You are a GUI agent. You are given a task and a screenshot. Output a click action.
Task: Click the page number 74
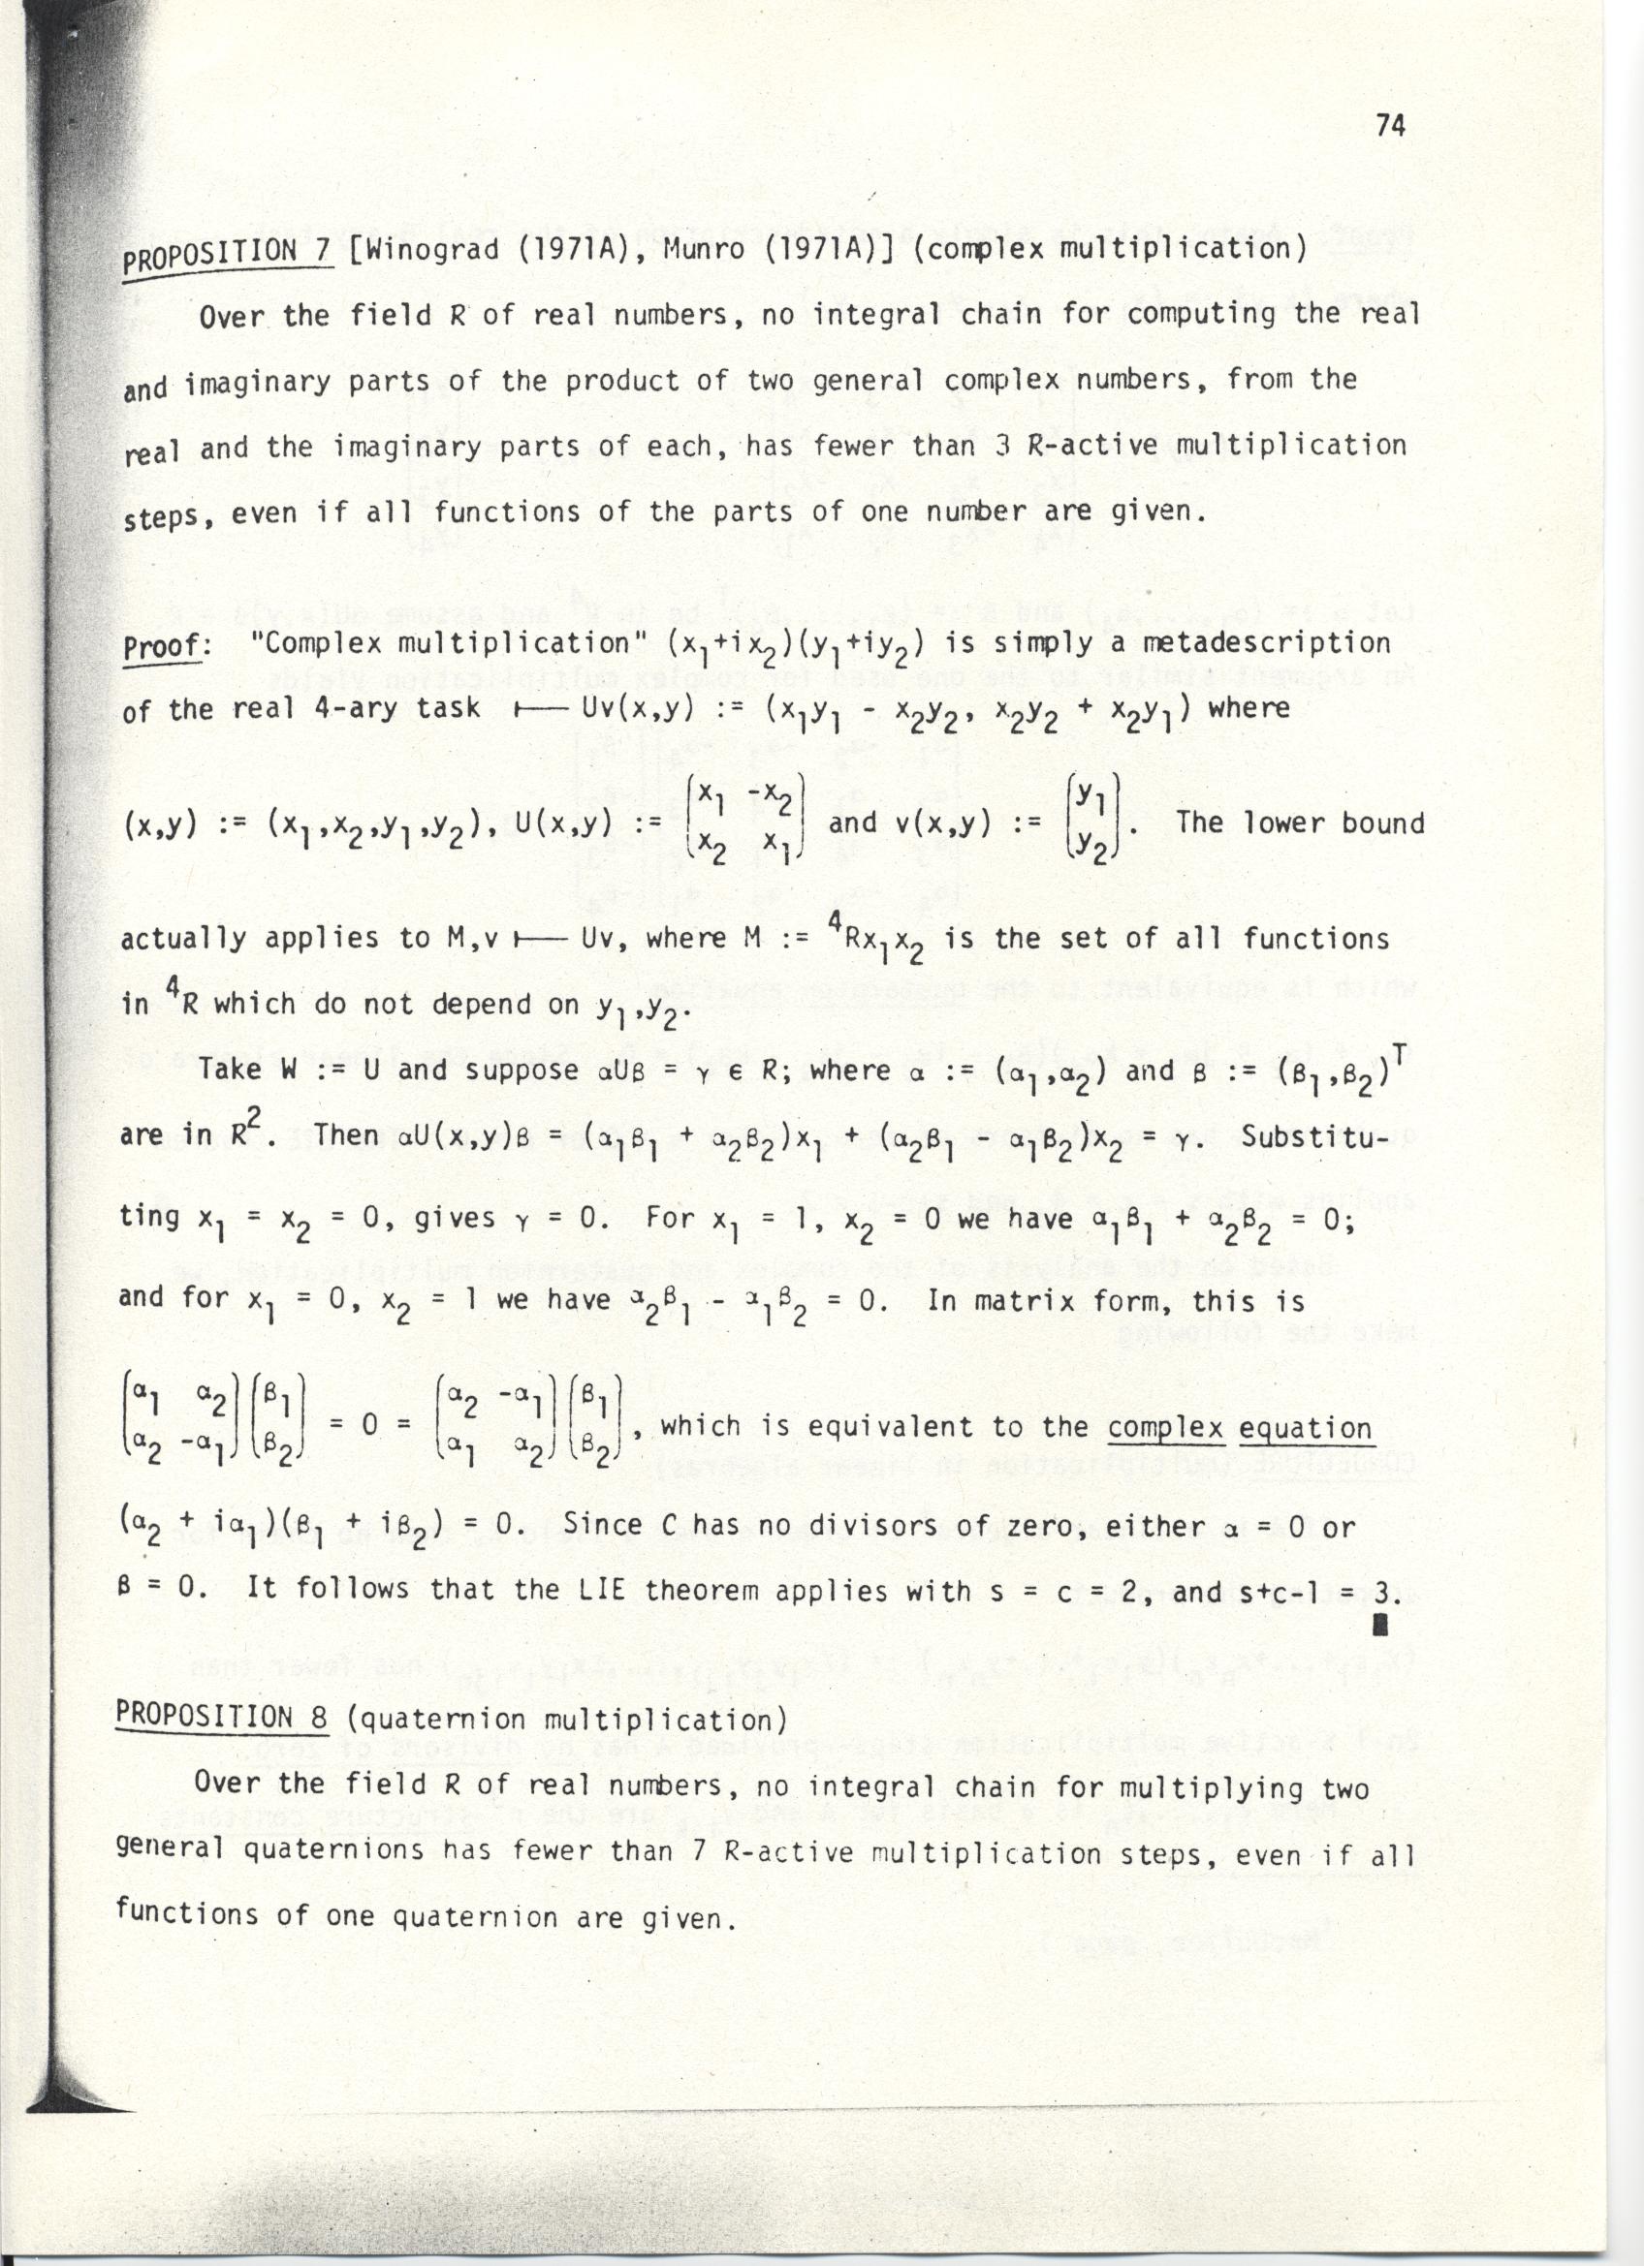tap(1390, 126)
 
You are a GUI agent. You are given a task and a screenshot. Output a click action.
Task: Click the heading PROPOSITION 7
tap(227, 257)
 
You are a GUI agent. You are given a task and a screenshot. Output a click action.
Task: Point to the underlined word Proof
tap(161, 646)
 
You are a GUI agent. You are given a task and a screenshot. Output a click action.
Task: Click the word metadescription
tap(1249, 642)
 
